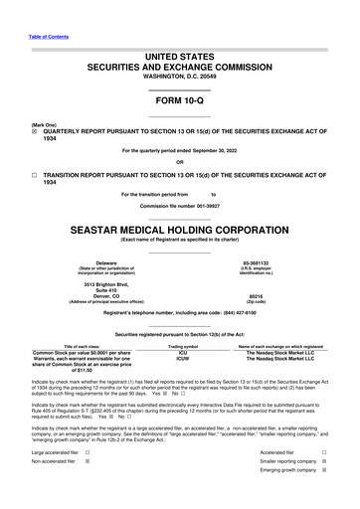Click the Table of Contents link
48,36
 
